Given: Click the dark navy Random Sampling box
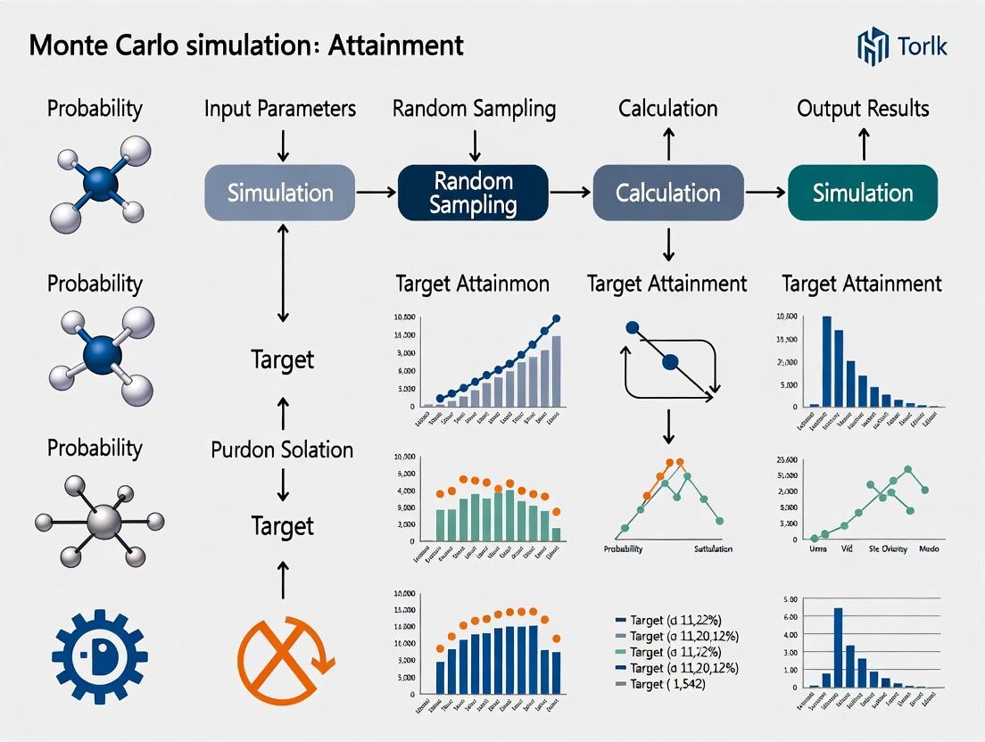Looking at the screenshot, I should [473, 193].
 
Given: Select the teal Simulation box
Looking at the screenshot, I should [863, 193].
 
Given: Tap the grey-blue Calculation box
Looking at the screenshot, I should [668, 193].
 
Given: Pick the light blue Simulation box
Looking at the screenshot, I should [280, 193].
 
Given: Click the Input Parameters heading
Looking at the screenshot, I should [280, 109].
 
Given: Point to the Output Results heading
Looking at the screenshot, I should [863, 109].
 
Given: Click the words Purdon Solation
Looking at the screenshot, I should [282, 449].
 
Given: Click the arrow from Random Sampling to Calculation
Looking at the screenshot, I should [570, 192].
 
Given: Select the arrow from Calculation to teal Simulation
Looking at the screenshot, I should [766, 192].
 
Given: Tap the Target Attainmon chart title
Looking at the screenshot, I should [472, 284].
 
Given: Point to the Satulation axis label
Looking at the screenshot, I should [713, 548].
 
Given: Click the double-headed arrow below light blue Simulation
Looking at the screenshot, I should [282, 274].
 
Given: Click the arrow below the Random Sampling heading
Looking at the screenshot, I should [475, 144].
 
